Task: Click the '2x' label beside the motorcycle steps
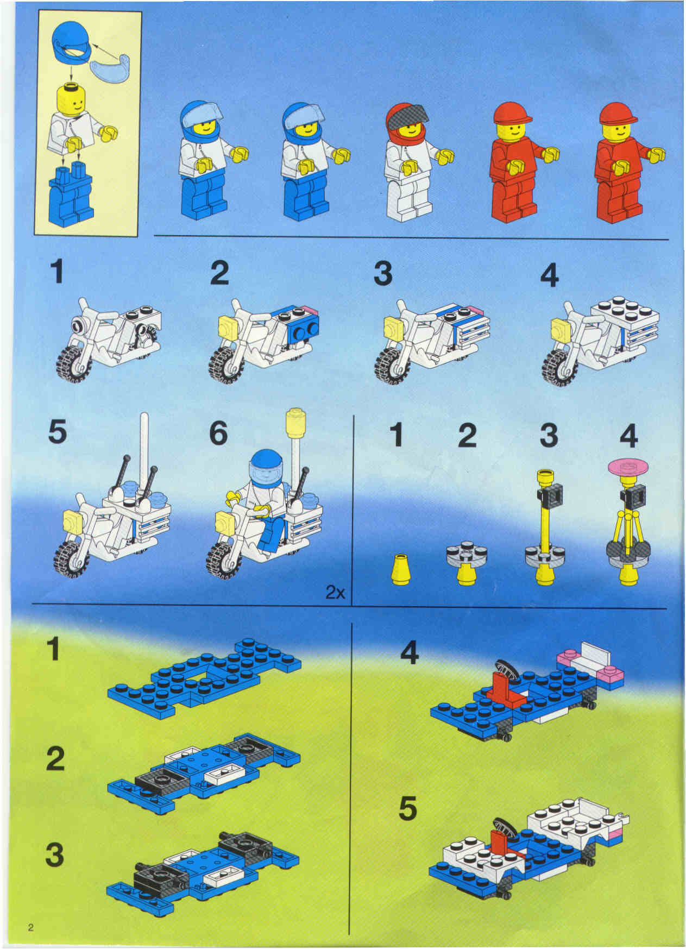click(335, 592)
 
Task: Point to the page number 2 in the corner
click(31, 927)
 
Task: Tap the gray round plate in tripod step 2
click(467, 554)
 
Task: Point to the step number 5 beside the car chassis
click(408, 809)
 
